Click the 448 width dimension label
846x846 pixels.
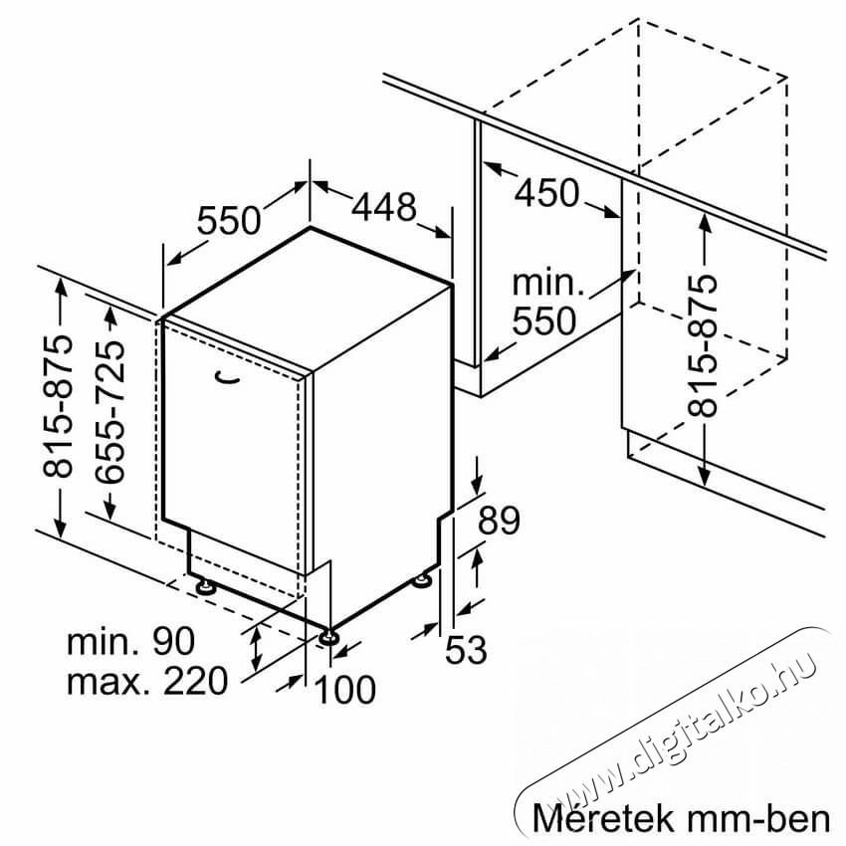383,206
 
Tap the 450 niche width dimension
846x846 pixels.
546,193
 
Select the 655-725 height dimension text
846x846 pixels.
109,411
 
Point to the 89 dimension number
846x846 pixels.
499,521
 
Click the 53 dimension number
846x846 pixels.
466,649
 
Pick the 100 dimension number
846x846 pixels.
345,690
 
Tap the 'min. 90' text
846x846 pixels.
130,641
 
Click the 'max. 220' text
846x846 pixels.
147,681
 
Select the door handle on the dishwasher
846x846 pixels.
226,378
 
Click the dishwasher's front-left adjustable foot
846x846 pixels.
205,586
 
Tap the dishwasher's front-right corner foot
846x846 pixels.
328,637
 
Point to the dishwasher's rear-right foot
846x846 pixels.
421,580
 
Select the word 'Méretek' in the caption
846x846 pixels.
603,818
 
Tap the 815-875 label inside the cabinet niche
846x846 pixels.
702,345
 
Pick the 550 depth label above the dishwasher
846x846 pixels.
228,220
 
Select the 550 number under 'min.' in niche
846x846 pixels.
543,321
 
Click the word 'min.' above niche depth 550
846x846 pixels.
548,284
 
